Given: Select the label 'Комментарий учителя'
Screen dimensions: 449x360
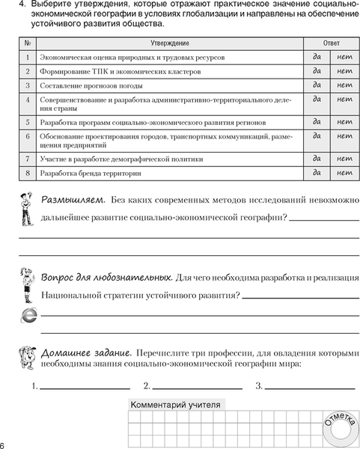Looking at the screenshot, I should click(x=176, y=405).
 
